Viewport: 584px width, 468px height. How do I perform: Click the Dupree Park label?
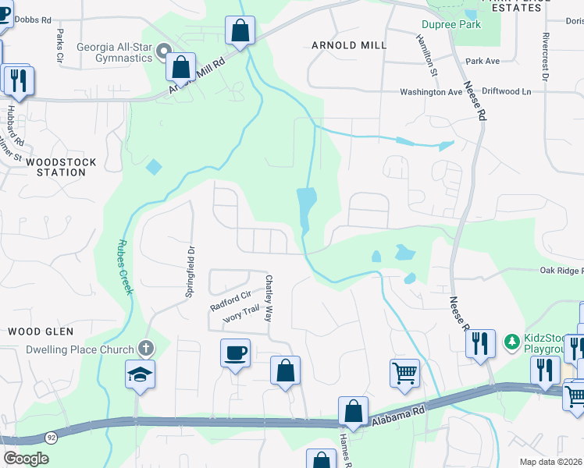click(x=451, y=24)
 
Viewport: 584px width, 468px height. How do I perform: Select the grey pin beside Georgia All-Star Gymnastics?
click(x=164, y=52)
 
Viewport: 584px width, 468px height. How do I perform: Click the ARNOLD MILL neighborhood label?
click(x=349, y=45)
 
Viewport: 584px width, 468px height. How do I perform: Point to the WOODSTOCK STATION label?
click(x=61, y=167)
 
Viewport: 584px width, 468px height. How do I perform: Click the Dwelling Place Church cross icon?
click(x=144, y=348)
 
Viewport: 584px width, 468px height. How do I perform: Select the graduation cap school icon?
click(x=141, y=375)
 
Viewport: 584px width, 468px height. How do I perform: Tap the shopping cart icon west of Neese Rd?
click(x=405, y=373)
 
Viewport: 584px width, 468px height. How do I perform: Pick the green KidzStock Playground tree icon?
click(x=512, y=341)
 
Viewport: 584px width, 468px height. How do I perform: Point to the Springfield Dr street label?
click(x=190, y=273)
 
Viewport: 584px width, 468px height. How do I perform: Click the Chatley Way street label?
click(x=269, y=299)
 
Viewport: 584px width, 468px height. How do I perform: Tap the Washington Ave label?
click(x=431, y=91)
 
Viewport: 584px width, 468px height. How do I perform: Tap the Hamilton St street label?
click(x=427, y=55)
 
